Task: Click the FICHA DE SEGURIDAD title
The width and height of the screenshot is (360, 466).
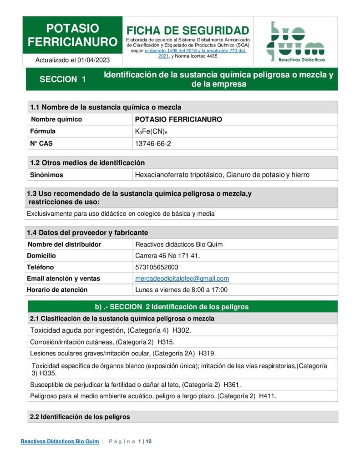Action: click(188, 30)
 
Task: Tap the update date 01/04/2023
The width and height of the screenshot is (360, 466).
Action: click(93, 60)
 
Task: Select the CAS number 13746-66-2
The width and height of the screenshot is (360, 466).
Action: click(153, 143)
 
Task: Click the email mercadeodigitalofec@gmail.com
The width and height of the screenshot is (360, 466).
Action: click(182, 279)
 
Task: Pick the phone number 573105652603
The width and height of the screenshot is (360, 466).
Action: click(157, 267)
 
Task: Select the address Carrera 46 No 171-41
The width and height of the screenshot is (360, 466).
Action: click(167, 256)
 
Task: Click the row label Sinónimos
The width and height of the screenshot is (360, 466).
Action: click(46, 175)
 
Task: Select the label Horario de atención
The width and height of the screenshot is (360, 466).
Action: click(57, 290)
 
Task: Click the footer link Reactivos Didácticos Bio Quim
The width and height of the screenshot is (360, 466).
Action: click(60, 441)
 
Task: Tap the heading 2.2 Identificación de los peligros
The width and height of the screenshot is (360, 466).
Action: click(80, 416)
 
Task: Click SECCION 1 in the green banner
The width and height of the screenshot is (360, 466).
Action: click(63, 79)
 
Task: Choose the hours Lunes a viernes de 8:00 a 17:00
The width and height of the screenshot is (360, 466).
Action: click(181, 290)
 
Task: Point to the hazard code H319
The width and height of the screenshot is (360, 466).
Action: click(207, 353)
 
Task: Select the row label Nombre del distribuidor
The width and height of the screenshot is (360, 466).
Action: click(64, 244)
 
